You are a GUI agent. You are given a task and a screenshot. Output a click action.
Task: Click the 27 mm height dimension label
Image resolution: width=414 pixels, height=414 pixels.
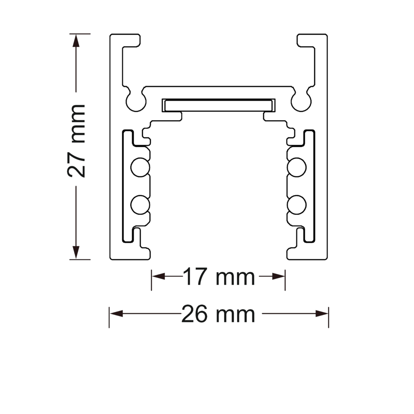[76, 141]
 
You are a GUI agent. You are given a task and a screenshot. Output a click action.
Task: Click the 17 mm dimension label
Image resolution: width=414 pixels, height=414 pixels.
[219, 277]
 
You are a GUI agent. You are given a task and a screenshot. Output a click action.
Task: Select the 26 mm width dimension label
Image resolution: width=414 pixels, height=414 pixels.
[218, 314]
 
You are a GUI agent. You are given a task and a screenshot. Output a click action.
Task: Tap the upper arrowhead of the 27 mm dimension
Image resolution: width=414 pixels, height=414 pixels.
[76, 41]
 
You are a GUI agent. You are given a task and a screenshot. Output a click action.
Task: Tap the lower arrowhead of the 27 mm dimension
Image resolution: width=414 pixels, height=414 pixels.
[76, 253]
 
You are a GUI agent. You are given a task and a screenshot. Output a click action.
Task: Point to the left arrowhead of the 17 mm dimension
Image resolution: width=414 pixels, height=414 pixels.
[159, 277]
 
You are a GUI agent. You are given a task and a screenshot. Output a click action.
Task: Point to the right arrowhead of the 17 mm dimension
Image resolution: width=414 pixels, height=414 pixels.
[278, 277]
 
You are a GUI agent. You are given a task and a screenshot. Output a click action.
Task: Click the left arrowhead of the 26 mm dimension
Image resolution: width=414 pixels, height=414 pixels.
[116, 314]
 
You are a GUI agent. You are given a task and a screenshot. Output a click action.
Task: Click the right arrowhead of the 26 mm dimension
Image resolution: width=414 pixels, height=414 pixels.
[322, 314]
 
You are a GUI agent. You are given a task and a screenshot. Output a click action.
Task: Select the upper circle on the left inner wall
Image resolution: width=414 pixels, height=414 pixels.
[140, 167]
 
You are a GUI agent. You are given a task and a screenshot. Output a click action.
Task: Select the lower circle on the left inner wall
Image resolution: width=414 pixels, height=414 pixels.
[140, 205]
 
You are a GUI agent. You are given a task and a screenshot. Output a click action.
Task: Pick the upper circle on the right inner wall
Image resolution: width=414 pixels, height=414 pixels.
[297, 167]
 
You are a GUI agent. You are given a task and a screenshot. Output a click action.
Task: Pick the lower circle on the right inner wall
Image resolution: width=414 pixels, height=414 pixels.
[297, 205]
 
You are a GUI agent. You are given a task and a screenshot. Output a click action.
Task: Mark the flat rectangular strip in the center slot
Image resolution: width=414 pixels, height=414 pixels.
[219, 105]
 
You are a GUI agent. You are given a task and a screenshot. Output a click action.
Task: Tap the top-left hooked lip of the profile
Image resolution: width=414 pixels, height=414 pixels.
[125, 41]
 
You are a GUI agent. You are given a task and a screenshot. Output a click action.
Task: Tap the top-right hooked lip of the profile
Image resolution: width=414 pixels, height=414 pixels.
[312, 41]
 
